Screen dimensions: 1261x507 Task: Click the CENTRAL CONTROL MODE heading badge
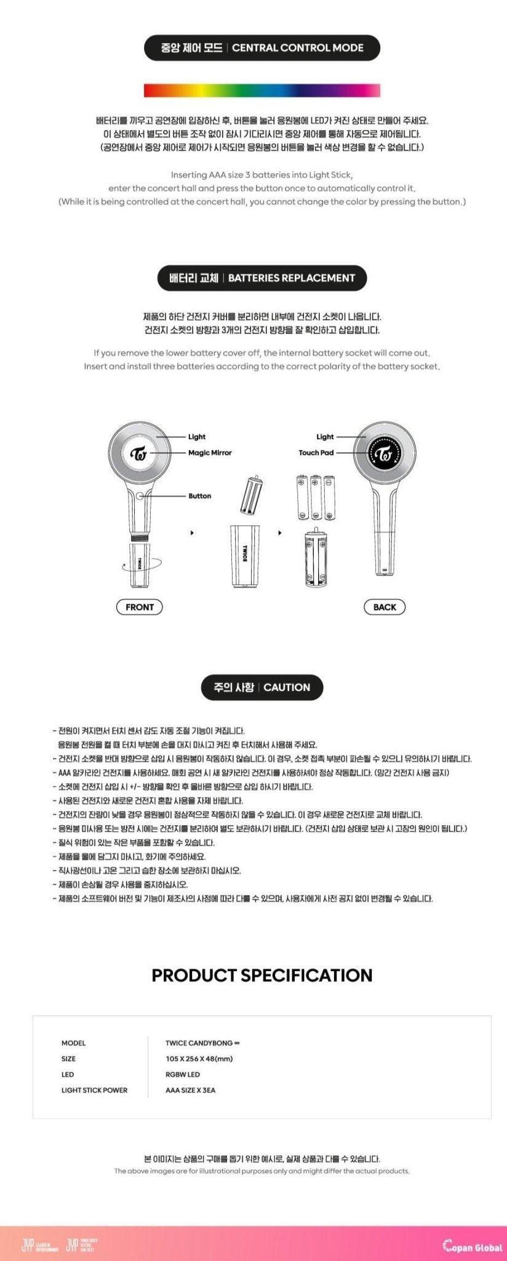pos(262,48)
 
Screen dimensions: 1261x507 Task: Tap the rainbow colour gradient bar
pos(262,91)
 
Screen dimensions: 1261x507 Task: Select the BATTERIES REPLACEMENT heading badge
pos(262,278)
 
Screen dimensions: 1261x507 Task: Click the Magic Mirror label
pos(210,453)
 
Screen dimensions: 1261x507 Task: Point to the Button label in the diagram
pos(199,496)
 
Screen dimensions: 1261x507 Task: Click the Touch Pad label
pos(316,453)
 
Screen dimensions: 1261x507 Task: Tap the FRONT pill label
pos(140,607)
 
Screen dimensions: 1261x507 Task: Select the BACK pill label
pos(385,607)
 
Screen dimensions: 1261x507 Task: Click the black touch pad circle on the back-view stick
pos(385,454)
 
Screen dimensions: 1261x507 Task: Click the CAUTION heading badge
pos(262,687)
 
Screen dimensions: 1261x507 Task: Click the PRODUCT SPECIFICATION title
pos(262,975)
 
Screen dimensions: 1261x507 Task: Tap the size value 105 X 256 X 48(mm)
pos(199,1058)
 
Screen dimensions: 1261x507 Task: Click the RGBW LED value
pos(183,1074)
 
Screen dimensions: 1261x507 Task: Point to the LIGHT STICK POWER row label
pos(94,1090)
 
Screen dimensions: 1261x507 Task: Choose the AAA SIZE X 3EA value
pos(190,1090)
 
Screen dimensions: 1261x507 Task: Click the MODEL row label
pos(73,1043)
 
